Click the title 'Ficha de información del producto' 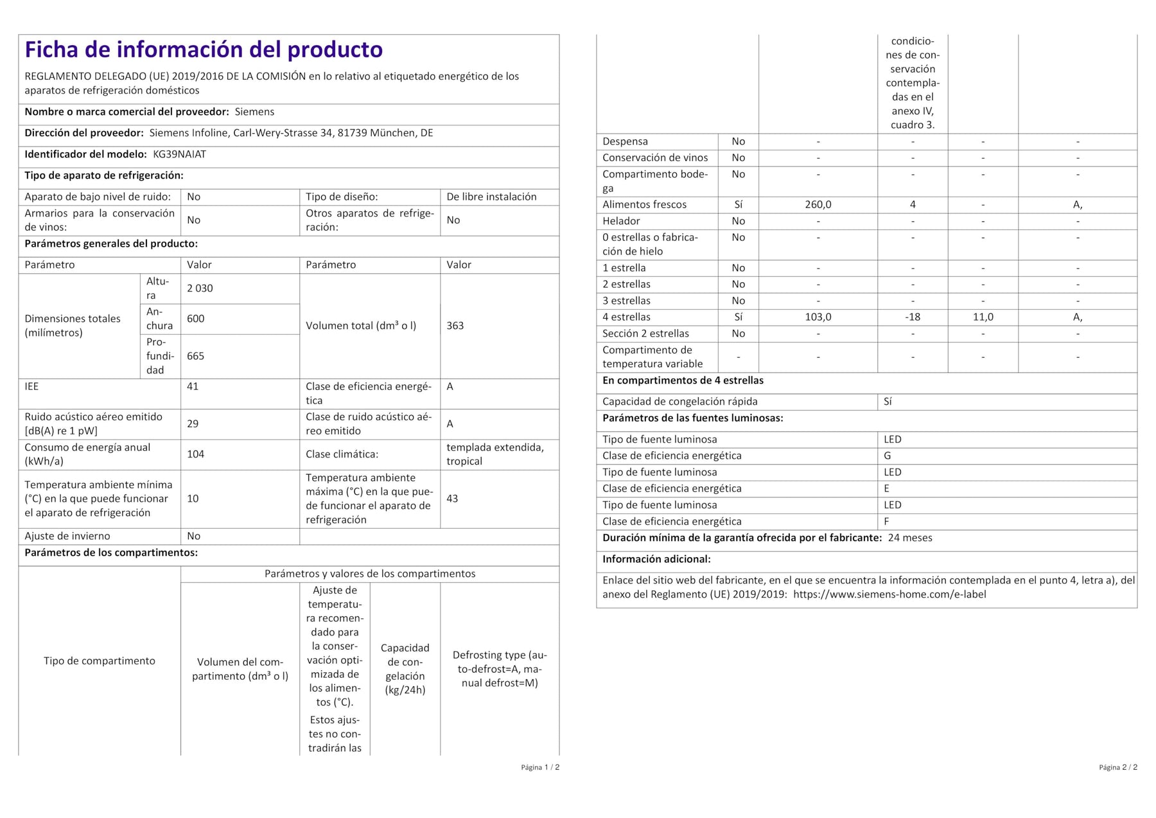click(204, 50)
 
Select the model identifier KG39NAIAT click(179, 154)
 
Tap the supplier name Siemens click(254, 112)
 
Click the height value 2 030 click(200, 289)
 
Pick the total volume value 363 click(455, 326)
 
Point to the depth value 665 click(195, 356)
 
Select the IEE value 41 click(193, 387)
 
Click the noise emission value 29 click(193, 424)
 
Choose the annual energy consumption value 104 click(195, 454)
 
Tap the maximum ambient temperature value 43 click(452, 499)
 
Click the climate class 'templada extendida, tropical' click(495, 454)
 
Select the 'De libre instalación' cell click(491, 197)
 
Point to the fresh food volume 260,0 click(818, 205)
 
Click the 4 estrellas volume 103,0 click(818, 317)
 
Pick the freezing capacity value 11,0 click(983, 317)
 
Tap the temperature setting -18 click(912, 317)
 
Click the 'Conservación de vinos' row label click(654, 158)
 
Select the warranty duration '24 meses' click(909, 538)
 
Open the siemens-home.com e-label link click(889, 594)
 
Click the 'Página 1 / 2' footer click(539, 767)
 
